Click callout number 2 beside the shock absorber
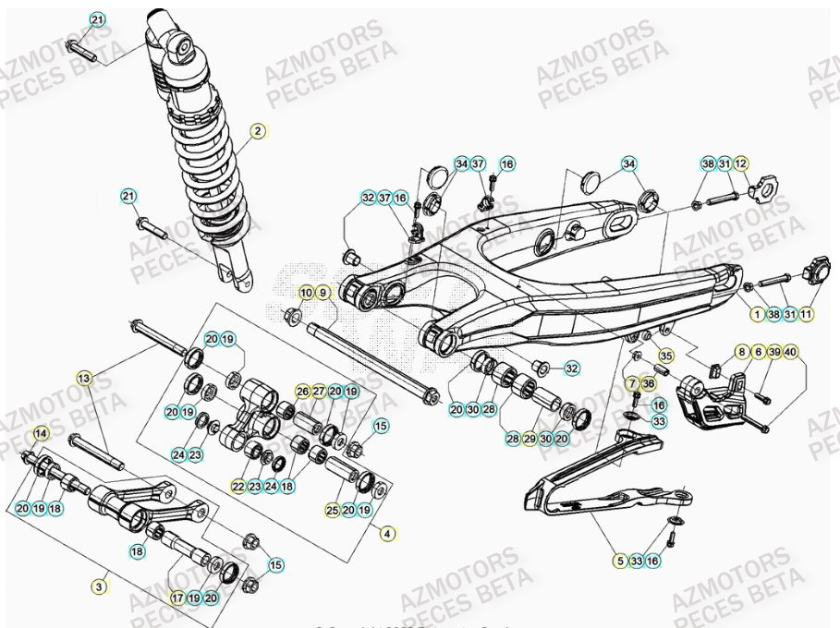[258, 131]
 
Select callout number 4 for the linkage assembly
[387, 533]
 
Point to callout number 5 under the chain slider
[619, 560]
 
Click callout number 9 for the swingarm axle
[323, 293]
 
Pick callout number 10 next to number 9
[305, 293]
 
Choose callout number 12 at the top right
[741, 163]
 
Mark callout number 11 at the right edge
[807, 314]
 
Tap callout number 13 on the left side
[85, 378]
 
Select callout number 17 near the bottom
[178, 598]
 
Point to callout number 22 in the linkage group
[238, 486]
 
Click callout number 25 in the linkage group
[333, 510]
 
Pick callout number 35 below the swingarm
[664, 354]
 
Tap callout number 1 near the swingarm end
[758, 314]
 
